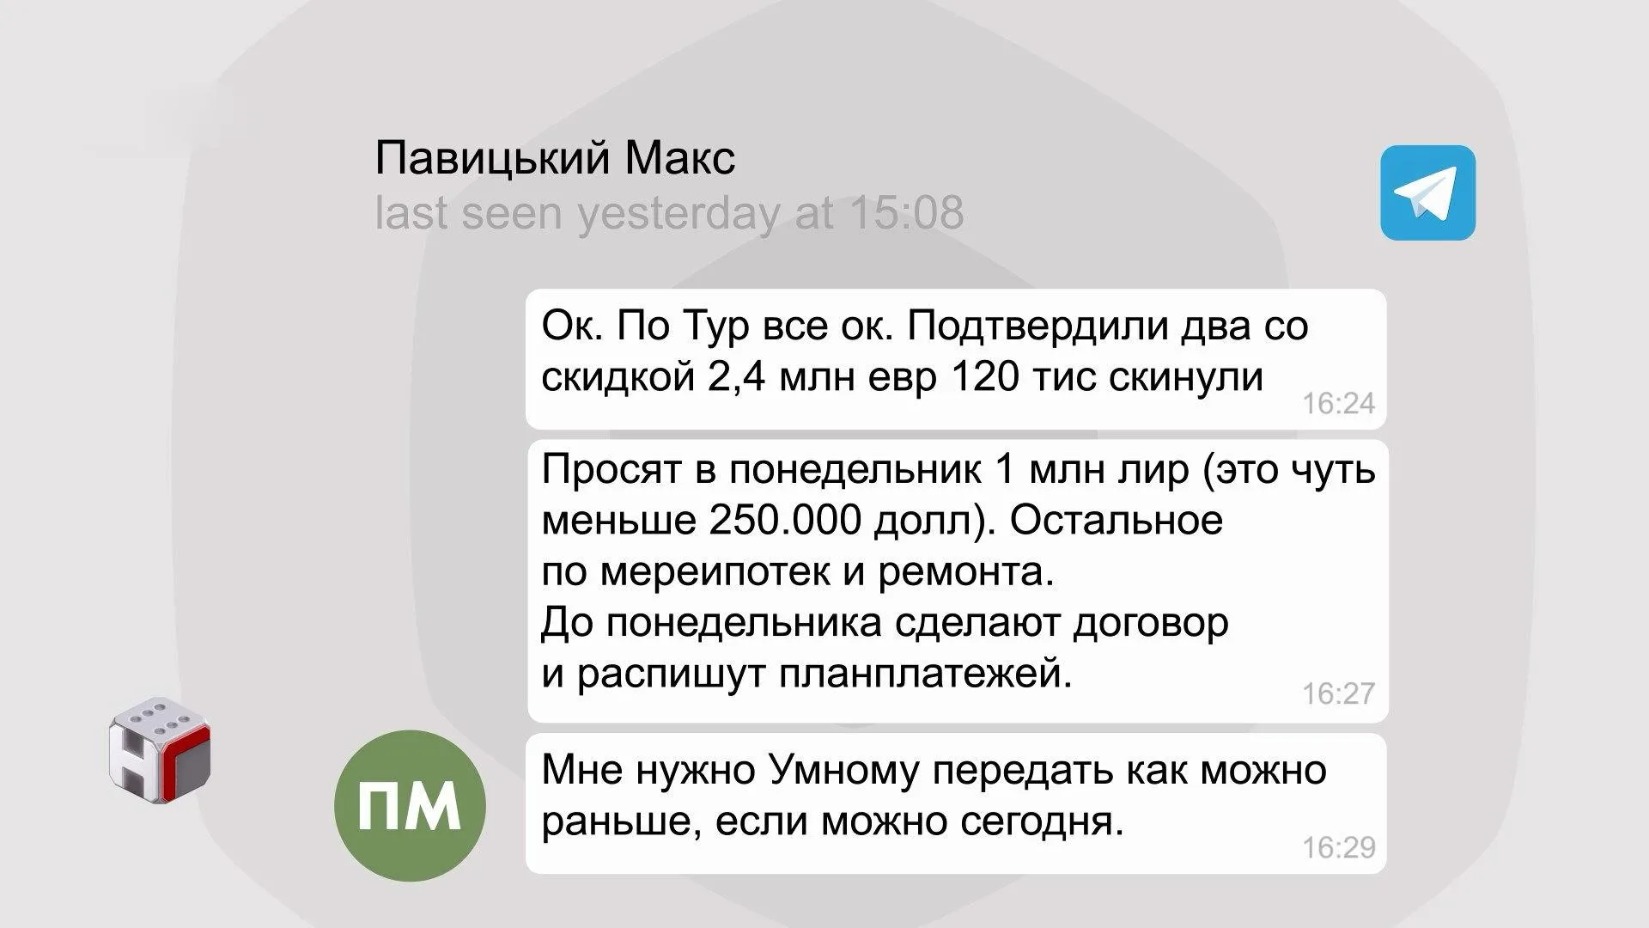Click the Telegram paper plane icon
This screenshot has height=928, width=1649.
[1427, 192]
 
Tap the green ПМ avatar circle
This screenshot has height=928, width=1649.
[410, 805]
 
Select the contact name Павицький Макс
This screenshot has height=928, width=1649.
[555, 158]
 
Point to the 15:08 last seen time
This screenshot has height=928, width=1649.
[906, 212]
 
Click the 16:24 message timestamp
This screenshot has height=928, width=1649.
[1338, 403]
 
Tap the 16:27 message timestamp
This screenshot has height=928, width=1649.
[1338, 693]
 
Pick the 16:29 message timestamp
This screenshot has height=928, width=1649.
[1338, 847]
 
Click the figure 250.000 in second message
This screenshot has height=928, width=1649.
[785, 520]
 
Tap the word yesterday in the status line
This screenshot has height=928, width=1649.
[678, 213]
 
